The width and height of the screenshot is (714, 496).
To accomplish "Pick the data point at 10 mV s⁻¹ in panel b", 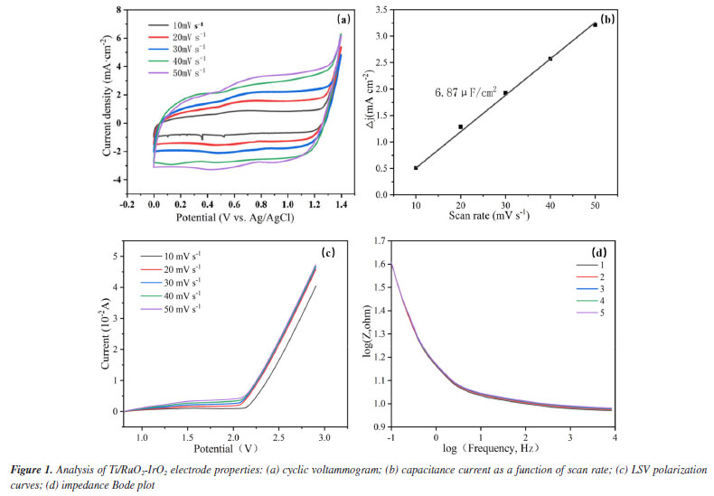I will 416,168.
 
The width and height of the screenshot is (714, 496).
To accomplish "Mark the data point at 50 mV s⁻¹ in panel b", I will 595,24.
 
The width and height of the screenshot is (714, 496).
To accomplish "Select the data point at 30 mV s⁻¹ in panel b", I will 505,92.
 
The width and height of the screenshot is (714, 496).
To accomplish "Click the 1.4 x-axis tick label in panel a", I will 340,206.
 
